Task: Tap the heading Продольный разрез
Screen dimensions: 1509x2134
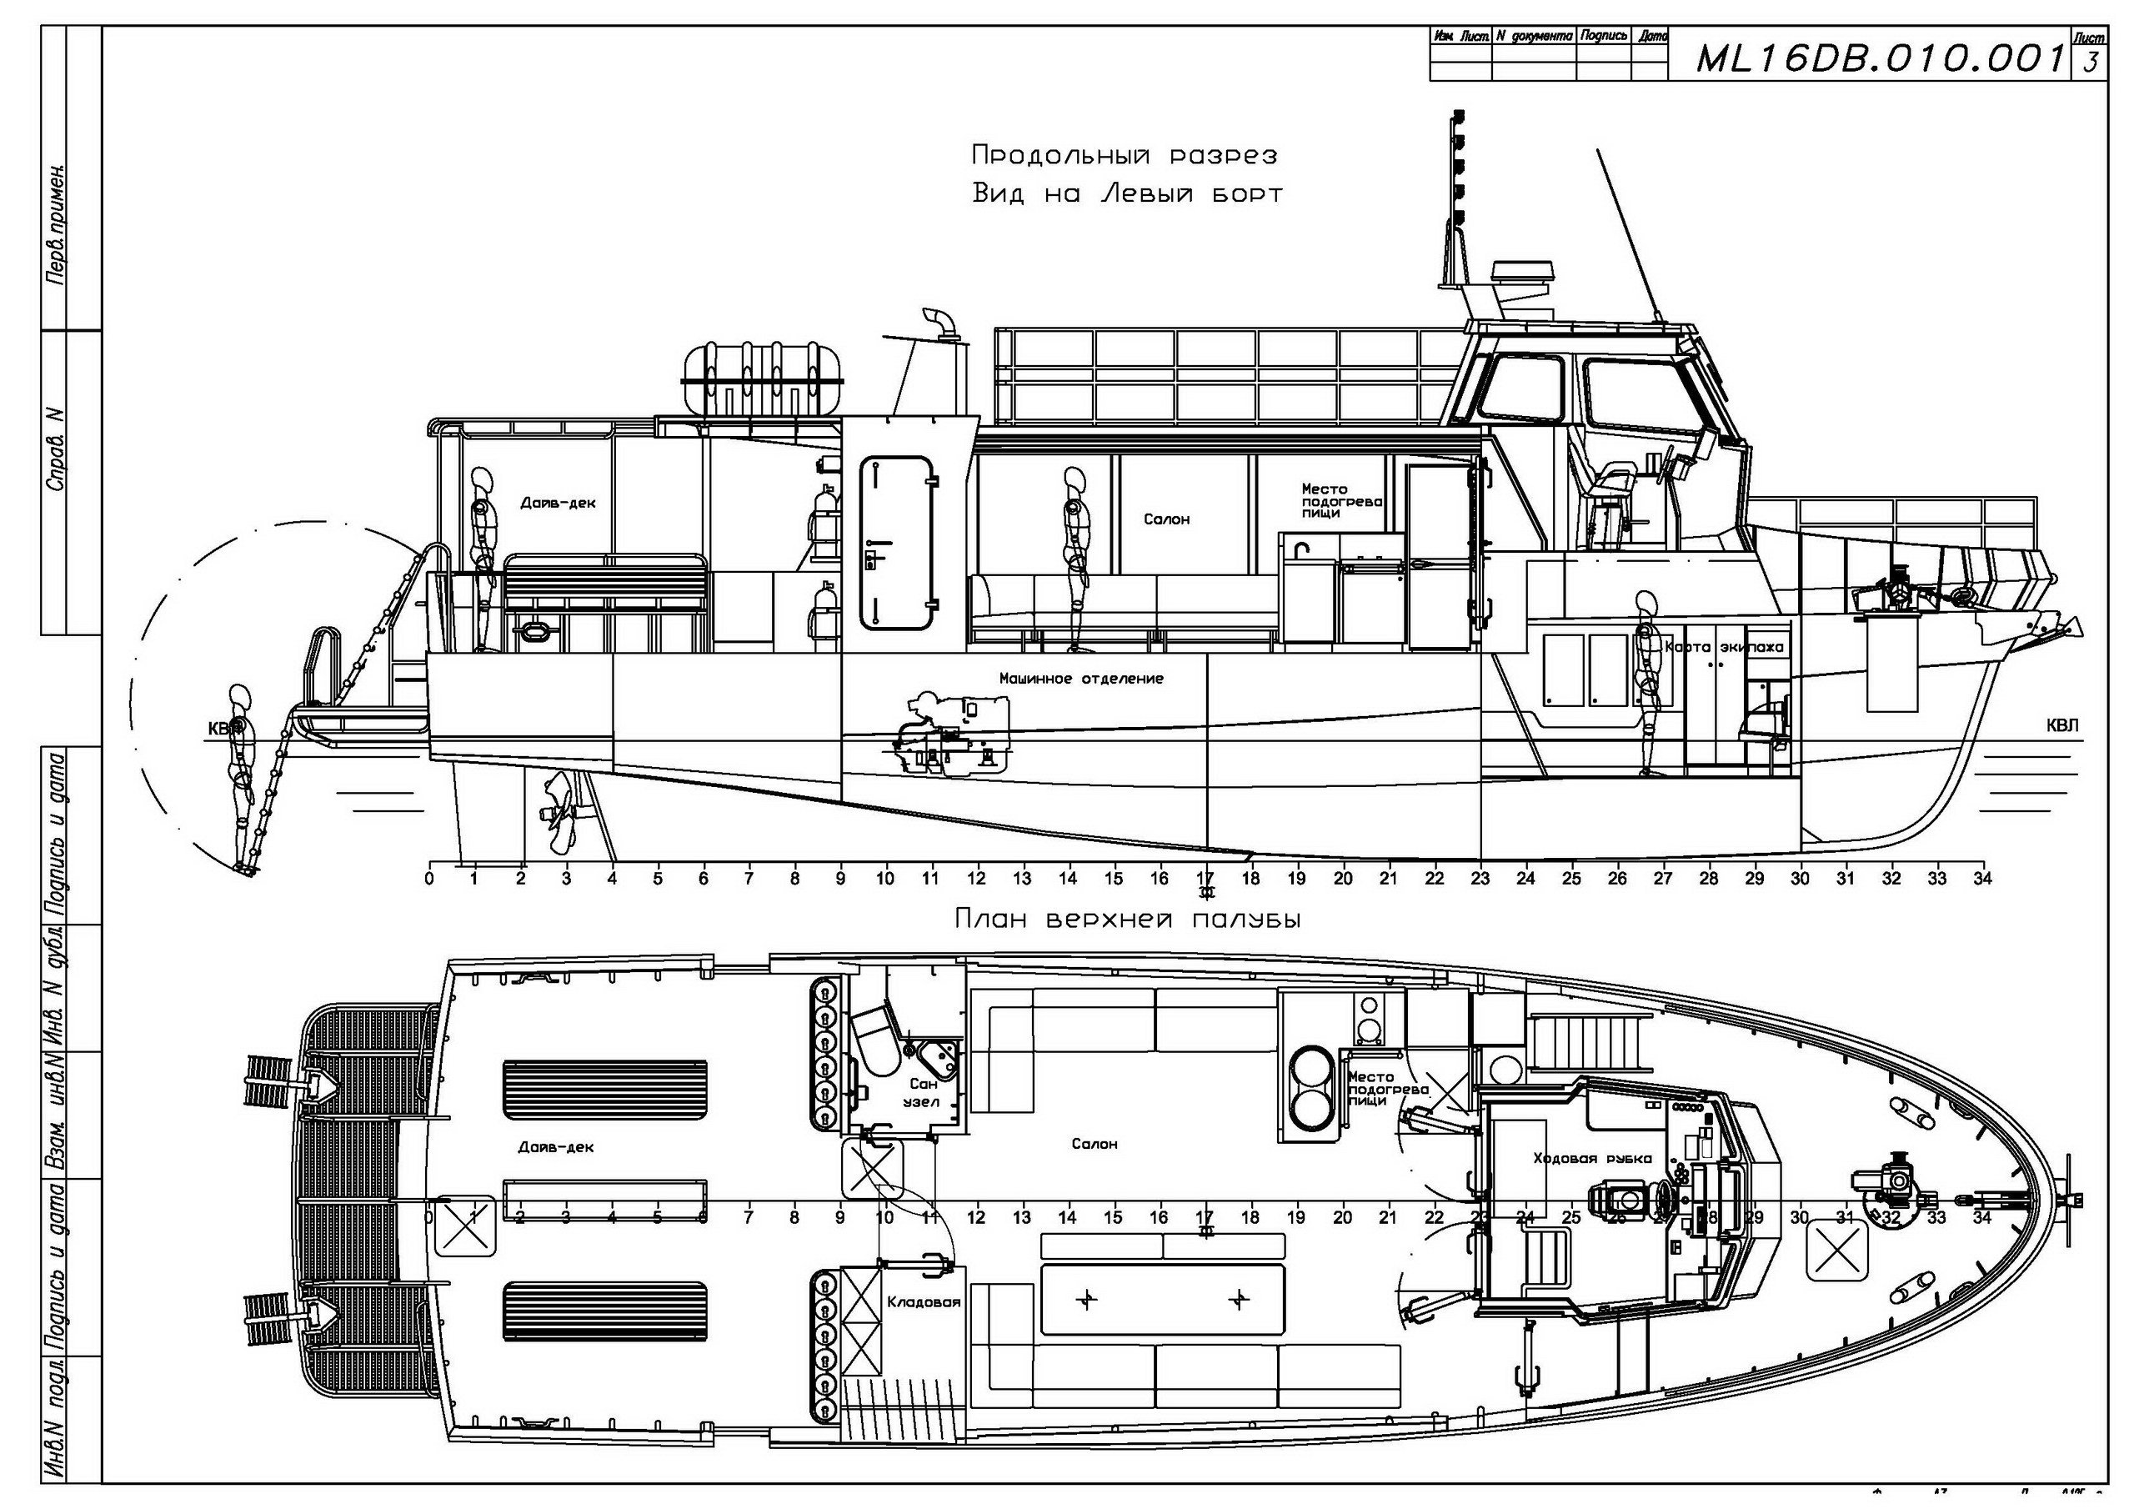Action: (x=1124, y=154)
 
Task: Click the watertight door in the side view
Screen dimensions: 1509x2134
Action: (x=897, y=542)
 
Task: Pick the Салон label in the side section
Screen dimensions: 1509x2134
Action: (x=1166, y=519)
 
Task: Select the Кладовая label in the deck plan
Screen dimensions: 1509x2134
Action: (x=924, y=1301)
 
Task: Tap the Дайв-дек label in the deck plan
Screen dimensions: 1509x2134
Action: (x=556, y=1146)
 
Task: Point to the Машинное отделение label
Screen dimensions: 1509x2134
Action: (x=1081, y=679)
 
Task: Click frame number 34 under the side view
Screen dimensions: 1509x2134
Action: (x=1982, y=878)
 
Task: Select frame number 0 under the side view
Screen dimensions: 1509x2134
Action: (x=428, y=878)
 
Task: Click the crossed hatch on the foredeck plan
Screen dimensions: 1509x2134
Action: (x=1836, y=1251)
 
